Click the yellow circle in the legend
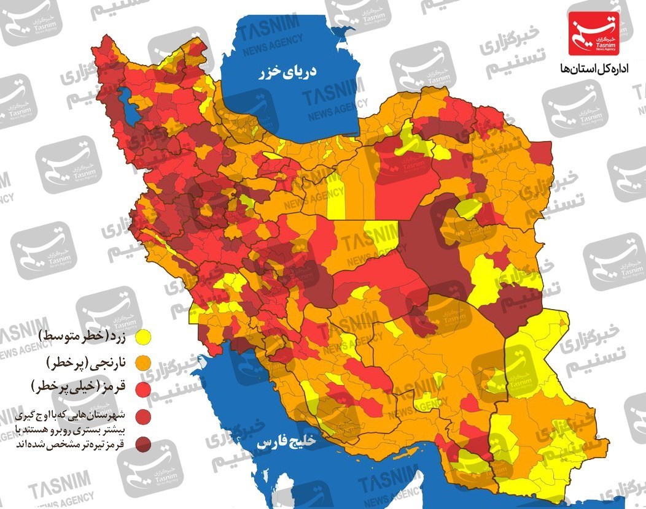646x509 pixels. [x=144, y=337]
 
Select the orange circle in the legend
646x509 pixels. [x=144, y=362]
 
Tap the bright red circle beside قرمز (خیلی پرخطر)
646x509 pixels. [x=144, y=388]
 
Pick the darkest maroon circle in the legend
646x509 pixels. [x=144, y=443]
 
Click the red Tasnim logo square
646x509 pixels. [x=593, y=34]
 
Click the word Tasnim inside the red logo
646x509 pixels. [x=593, y=45]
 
